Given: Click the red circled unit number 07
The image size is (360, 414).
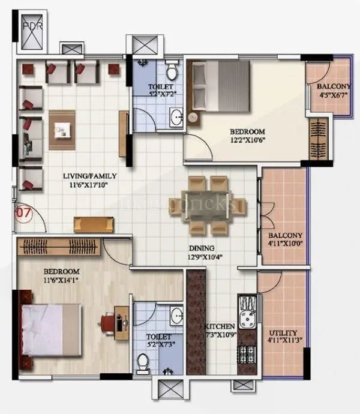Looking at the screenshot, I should coord(23,211).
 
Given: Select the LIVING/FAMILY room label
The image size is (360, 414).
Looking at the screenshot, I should coord(90,176).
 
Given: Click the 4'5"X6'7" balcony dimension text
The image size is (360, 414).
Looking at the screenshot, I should coord(332,94).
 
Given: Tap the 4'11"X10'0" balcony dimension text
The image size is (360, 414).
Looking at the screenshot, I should coord(285,244).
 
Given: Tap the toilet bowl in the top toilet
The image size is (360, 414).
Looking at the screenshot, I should coord(172,72).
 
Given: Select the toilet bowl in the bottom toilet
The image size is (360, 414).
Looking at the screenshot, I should coord(143,362).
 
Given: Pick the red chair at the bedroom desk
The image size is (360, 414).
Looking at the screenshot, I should coord(109,322).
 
